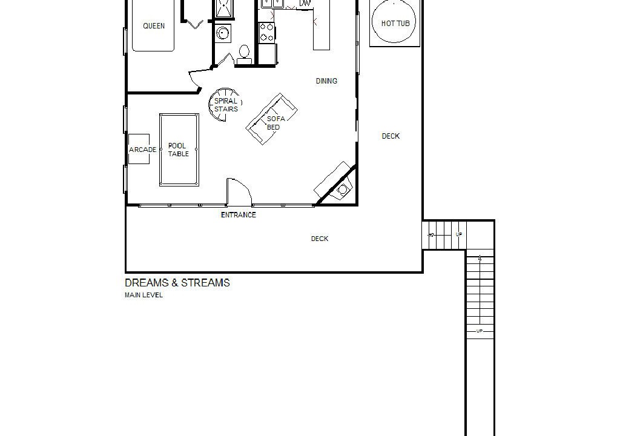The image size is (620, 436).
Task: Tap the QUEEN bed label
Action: pyautogui.click(x=154, y=25)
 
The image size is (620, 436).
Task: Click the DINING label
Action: pyautogui.click(x=326, y=81)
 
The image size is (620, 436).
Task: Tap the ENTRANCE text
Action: pyautogui.click(x=239, y=215)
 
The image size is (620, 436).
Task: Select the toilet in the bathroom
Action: pyautogui.click(x=244, y=54)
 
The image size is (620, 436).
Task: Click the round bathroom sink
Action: pyautogui.click(x=223, y=33)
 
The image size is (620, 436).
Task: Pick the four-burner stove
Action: pyautogui.click(x=267, y=32)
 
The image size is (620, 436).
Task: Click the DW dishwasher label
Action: pyautogui.click(x=305, y=3)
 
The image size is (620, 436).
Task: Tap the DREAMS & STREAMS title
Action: pyautogui.click(x=177, y=283)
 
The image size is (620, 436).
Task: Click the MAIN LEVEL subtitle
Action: pyautogui.click(x=143, y=295)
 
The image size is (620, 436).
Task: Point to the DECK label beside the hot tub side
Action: pyautogui.click(x=391, y=136)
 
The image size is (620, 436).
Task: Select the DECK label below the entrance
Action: pyautogui.click(x=320, y=239)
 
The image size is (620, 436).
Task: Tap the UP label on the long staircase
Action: pyautogui.click(x=480, y=331)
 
